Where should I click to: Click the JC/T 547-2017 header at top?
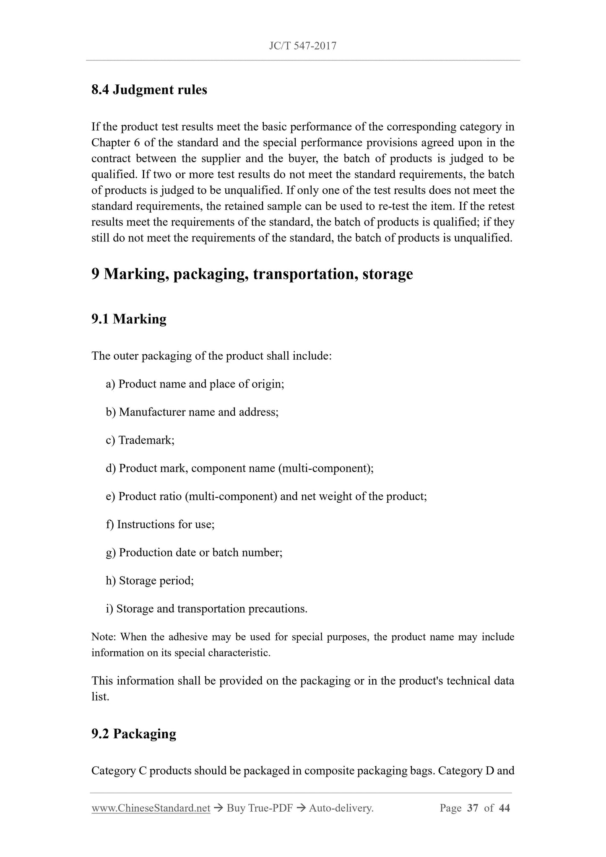[x=302, y=46]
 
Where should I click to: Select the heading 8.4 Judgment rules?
[x=149, y=90]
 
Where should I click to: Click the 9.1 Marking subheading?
[x=129, y=319]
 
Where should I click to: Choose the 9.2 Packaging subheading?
[x=134, y=734]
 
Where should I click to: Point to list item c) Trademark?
[x=140, y=440]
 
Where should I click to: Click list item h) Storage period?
[x=150, y=581]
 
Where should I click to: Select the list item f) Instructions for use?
[x=160, y=525]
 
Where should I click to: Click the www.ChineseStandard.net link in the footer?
[x=151, y=808]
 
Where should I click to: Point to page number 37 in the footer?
[x=472, y=808]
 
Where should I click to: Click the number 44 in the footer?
[x=505, y=808]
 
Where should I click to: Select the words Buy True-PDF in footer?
[x=259, y=808]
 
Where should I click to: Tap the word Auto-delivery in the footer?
[x=341, y=808]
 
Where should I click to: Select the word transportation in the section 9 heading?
[x=304, y=274]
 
